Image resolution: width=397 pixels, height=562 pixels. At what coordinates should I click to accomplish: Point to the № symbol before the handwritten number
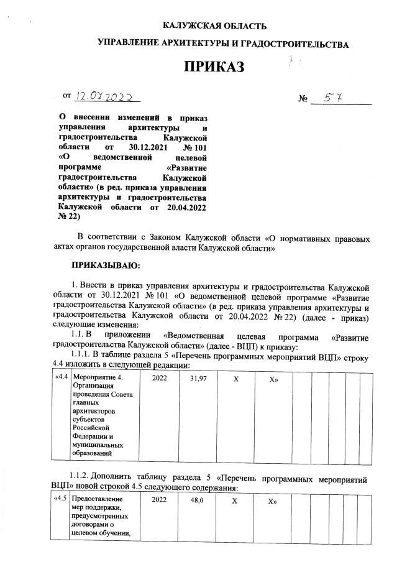tap(304, 99)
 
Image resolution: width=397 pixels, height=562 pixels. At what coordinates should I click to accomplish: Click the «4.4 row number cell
tap(62, 376)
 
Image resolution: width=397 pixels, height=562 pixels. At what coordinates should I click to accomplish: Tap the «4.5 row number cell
tap(61, 499)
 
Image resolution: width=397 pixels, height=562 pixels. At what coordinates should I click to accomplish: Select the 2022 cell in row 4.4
tap(160, 376)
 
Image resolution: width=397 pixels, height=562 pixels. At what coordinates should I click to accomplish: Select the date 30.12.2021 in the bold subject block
tap(149, 147)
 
